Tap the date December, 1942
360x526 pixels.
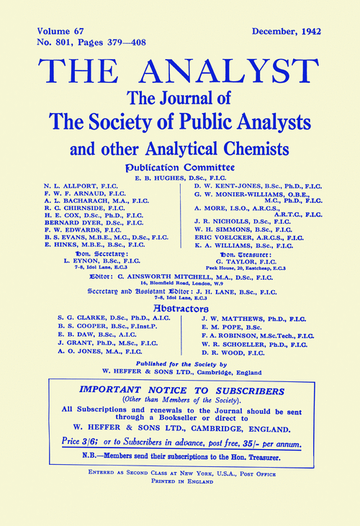(x=287, y=32)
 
